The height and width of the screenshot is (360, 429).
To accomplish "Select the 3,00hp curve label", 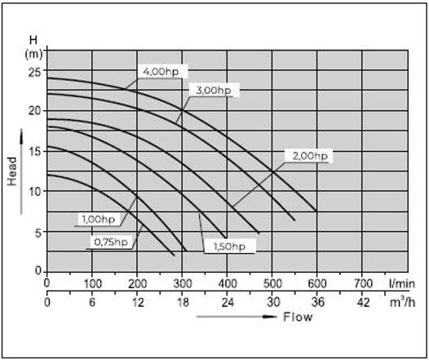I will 213,91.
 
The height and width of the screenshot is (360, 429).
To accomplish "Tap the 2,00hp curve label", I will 310,156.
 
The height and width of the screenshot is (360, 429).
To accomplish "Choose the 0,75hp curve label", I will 110,242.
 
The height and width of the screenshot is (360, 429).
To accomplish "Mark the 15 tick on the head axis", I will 33,150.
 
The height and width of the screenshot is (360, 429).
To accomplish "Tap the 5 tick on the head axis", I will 37,230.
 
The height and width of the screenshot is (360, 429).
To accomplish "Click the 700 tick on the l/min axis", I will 363,284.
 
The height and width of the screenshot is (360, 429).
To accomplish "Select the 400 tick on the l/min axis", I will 228,284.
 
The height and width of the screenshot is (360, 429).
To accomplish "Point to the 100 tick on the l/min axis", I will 92,284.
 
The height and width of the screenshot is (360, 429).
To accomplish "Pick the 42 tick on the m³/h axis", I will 363,301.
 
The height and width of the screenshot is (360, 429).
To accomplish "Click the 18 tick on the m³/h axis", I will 183,301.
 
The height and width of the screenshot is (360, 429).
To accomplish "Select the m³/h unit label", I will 400,300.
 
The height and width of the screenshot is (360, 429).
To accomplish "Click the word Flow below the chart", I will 298,317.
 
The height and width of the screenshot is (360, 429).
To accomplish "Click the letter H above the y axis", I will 33,39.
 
